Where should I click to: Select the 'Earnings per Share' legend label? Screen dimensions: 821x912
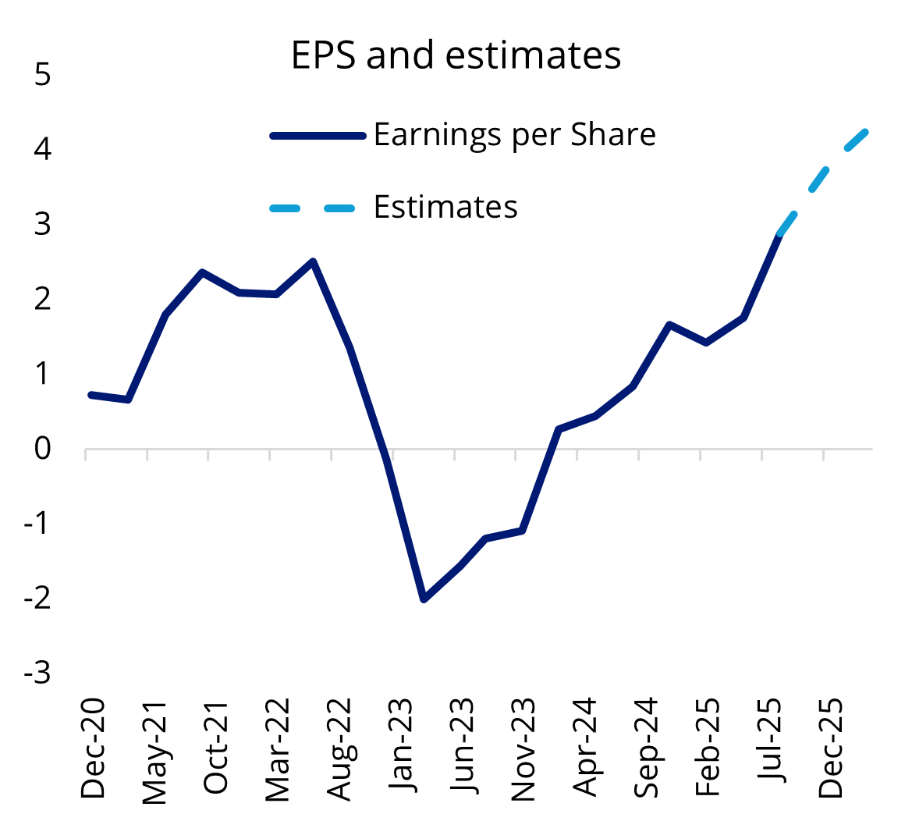click(x=515, y=135)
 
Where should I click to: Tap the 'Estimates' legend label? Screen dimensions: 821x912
click(x=445, y=207)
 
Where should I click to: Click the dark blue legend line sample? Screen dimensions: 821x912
click(x=317, y=136)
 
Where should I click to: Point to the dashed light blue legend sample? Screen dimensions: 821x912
click(x=312, y=208)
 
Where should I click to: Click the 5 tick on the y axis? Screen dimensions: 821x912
click(x=43, y=76)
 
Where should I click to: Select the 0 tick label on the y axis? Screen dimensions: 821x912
click(x=43, y=449)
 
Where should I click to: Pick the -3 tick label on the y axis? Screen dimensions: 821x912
click(x=37, y=673)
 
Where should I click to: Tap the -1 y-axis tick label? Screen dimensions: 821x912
click(x=37, y=523)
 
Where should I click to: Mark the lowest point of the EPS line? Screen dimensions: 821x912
click(x=424, y=599)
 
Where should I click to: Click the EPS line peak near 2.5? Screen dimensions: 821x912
click(x=313, y=261)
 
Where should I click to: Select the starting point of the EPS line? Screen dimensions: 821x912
click(x=91, y=395)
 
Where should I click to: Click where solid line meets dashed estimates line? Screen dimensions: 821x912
click(x=779, y=233)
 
